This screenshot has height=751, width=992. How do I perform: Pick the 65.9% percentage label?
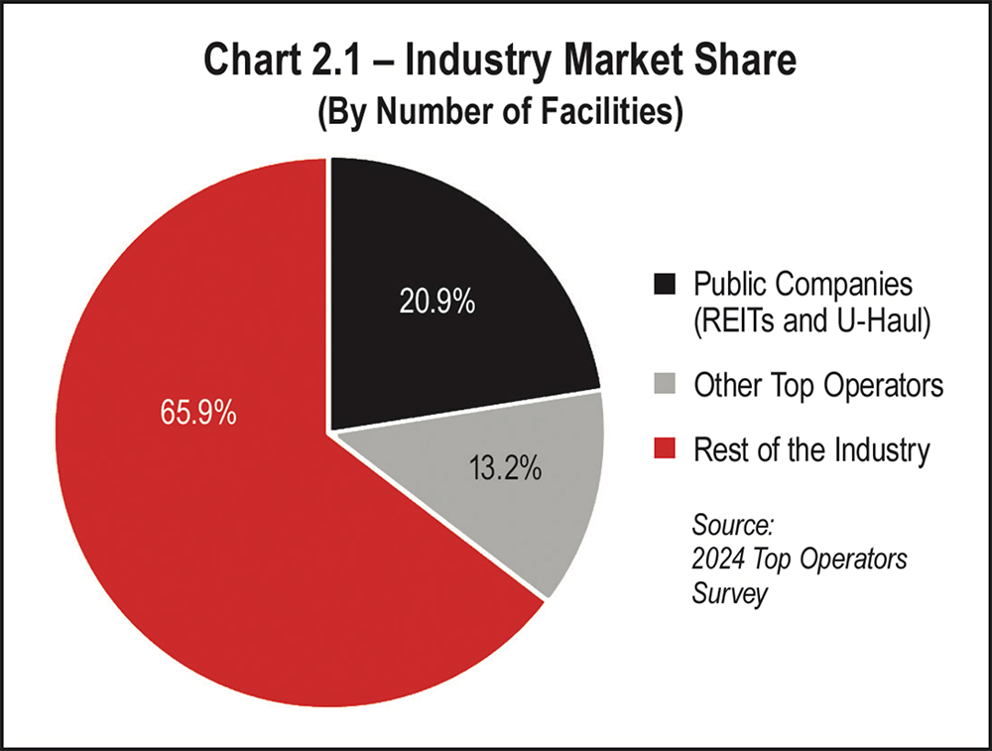point(198,412)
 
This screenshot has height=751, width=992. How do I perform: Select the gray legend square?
point(665,385)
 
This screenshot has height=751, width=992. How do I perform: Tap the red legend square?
point(665,450)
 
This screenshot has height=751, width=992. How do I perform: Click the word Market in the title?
point(630,62)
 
